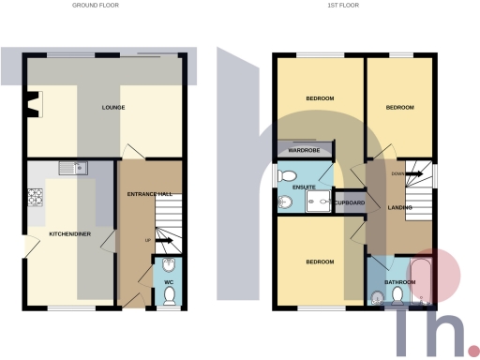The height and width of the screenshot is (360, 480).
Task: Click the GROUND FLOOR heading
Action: click(x=96, y=5)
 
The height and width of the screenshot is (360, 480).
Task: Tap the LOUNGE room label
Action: click(x=113, y=108)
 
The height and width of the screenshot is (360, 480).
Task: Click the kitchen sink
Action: click(x=72, y=169)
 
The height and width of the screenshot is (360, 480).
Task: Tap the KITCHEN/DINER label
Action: click(x=70, y=233)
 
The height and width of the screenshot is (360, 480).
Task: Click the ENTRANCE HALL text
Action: click(x=150, y=194)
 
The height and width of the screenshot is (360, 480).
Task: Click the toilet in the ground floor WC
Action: click(x=170, y=295)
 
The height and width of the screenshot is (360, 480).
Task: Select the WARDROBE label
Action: click(x=305, y=150)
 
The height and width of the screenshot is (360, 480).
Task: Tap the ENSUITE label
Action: click(x=305, y=187)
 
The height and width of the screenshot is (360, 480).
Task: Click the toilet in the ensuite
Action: click(x=288, y=175)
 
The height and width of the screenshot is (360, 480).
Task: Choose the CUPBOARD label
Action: click(x=349, y=202)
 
